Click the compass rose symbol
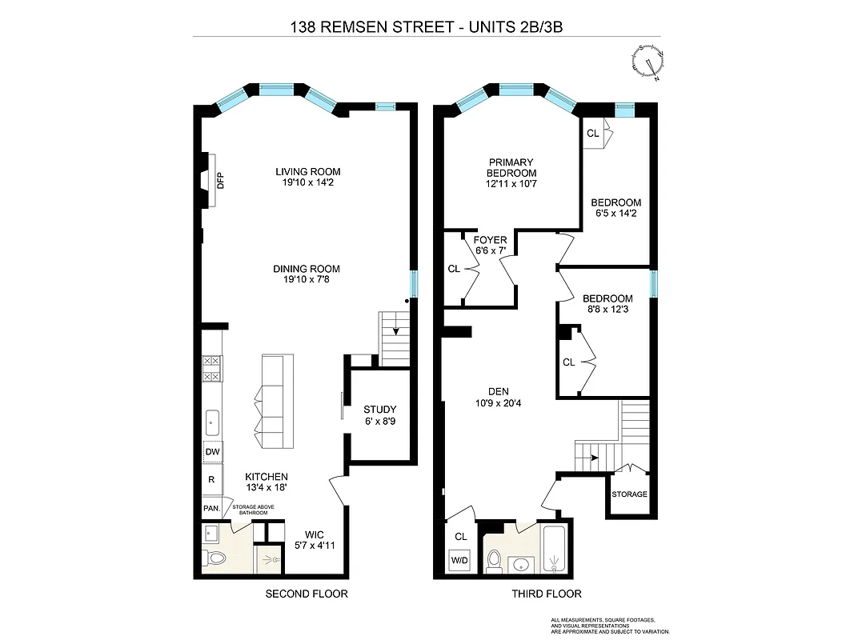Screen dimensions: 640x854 point(648,63)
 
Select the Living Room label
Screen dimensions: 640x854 point(308,172)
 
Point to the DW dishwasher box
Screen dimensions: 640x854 point(212,453)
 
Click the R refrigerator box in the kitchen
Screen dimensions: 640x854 point(212,479)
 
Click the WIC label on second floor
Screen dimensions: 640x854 point(313,534)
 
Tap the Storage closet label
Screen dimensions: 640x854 point(629,494)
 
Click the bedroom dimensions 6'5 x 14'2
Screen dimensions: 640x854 point(617,214)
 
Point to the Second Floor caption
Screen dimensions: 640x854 point(307,594)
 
